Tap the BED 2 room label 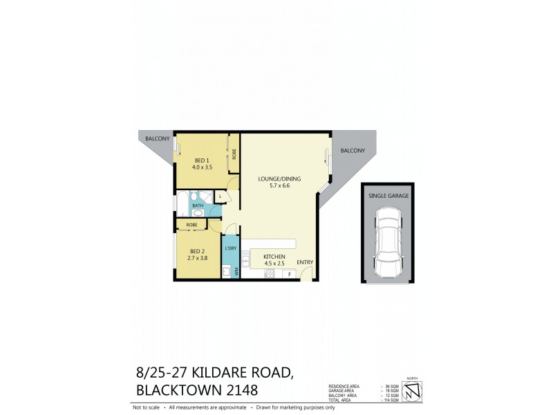pos(198,251)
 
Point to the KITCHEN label pos(274,257)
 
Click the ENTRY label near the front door pos(305,262)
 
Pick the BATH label pos(198,205)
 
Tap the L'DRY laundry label pos(231,248)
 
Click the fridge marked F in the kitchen pos(288,275)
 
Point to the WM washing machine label pos(236,272)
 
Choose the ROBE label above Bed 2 pos(192,225)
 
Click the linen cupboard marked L pos(221,196)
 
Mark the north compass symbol pos(412,391)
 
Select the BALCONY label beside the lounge pos(353,151)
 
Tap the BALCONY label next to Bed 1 pos(157,139)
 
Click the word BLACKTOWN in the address pos(178,389)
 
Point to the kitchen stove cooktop pos(270,274)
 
